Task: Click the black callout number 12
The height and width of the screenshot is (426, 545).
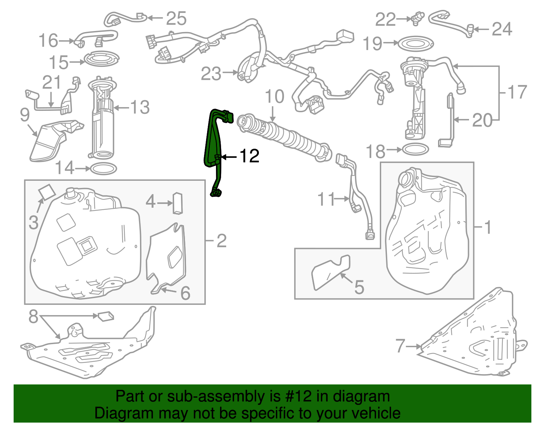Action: tap(250, 156)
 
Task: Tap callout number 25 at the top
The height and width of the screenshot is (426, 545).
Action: tap(176, 18)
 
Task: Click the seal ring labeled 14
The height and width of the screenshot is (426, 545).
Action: tap(101, 168)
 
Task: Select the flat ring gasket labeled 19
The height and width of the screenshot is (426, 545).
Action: tap(416, 43)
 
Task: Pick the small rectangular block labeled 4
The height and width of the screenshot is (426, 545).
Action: tap(178, 203)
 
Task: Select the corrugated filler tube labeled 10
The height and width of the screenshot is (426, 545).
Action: tap(286, 136)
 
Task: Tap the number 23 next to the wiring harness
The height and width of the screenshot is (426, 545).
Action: tap(211, 74)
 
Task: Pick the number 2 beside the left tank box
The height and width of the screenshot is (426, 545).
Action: tap(221, 241)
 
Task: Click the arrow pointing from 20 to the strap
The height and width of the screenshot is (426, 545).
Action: tap(463, 120)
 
